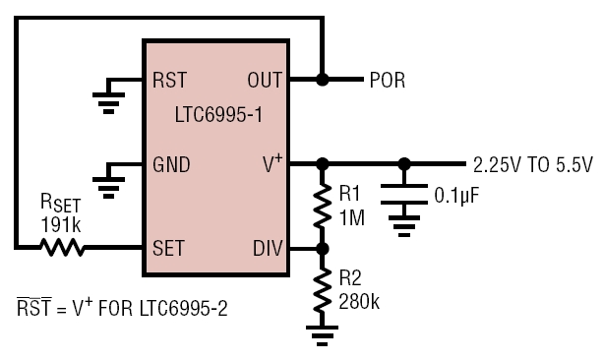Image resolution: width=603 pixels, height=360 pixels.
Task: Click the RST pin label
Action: coord(169,80)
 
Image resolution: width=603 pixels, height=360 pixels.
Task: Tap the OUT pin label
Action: coord(265,80)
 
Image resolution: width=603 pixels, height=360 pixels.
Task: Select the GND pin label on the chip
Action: coord(171,164)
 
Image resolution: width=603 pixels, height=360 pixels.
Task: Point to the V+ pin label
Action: coord(272,163)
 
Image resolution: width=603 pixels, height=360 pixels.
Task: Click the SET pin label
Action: coord(168,248)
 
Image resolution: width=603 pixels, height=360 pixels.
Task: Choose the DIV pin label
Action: coord(268,248)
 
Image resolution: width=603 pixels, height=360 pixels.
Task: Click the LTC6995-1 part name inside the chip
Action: coord(218,115)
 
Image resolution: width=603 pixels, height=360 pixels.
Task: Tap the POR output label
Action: coord(388,81)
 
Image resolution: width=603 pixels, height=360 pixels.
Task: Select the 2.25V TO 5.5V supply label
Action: coord(532,165)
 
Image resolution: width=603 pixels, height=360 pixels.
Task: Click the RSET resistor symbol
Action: coord(62,247)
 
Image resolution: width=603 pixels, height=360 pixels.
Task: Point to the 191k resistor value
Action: coord(61,225)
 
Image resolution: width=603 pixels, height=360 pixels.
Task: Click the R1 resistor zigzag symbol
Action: coord(323,207)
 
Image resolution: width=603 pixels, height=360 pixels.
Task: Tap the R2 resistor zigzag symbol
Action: coord(323,290)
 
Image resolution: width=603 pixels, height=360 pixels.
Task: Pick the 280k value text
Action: coord(359,302)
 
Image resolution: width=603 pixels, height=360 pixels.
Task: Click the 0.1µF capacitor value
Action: coord(456,196)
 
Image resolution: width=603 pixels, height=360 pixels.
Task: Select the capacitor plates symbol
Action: coord(403,194)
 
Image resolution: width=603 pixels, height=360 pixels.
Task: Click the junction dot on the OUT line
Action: coord(323,80)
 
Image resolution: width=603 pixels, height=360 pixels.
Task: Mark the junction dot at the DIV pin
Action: coord(323,249)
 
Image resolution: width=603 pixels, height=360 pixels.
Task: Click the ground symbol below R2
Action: coord(323,335)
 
